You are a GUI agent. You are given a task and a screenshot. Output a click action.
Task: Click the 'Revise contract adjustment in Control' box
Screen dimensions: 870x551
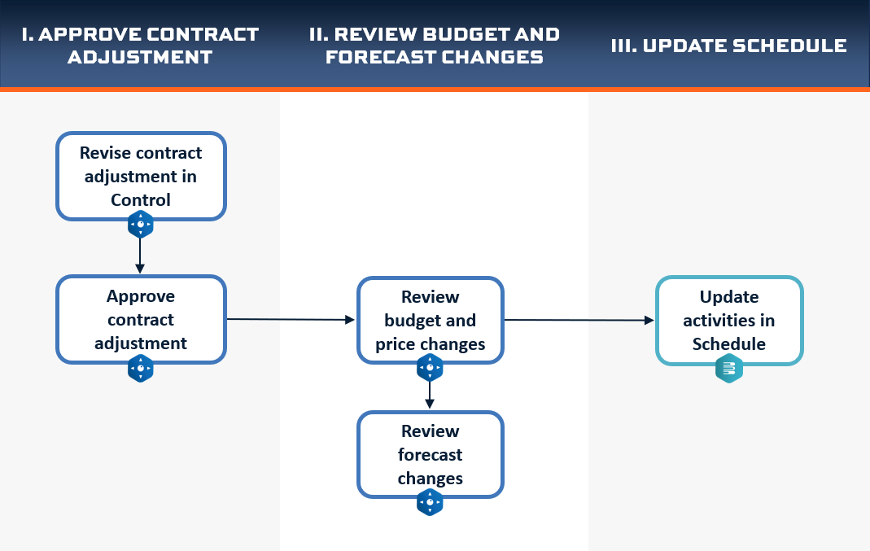pos(141,176)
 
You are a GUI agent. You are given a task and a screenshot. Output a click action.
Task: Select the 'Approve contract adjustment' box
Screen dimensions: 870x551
pos(141,320)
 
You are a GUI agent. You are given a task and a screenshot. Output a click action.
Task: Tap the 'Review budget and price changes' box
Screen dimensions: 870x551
pos(430,320)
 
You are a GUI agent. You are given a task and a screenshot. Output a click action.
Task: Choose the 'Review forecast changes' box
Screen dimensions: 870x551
pos(430,454)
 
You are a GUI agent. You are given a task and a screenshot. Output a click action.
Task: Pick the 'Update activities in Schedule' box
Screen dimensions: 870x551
pos(729,320)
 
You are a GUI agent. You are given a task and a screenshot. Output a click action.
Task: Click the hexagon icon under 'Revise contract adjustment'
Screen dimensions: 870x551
pos(140,225)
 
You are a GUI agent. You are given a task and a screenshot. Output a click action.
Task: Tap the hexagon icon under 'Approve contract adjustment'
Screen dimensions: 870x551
pos(140,368)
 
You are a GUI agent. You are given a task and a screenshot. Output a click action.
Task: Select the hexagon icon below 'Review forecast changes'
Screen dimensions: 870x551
pos(430,502)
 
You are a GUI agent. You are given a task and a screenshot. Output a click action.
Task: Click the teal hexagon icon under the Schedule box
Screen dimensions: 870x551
pos(729,369)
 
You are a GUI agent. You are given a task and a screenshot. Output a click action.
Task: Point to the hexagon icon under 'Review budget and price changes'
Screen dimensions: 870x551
pos(430,367)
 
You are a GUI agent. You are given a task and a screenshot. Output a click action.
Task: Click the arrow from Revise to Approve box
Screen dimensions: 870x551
pos(140,256)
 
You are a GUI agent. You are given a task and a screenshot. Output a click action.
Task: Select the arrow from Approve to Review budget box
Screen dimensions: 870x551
pos(291,319)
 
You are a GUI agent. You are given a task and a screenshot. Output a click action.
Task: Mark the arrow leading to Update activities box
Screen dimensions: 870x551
pos(579,320)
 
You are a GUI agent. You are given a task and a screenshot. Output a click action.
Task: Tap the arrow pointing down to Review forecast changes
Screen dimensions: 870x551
pos(430,395)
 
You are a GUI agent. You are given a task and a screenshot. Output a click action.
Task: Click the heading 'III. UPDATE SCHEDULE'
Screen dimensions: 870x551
pos(728,46)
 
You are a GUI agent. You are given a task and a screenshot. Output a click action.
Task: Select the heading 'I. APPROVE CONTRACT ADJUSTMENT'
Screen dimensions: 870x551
pos(140,46)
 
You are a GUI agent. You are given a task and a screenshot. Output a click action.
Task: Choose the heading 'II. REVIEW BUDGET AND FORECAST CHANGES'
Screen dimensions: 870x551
pos(435,46)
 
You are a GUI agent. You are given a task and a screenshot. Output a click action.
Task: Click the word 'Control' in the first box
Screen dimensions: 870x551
pos(140,199)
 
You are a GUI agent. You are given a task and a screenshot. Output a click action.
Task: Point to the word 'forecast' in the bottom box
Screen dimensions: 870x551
pos(430,454)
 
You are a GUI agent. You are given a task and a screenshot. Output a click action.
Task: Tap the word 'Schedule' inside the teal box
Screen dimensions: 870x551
pos(729,344)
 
